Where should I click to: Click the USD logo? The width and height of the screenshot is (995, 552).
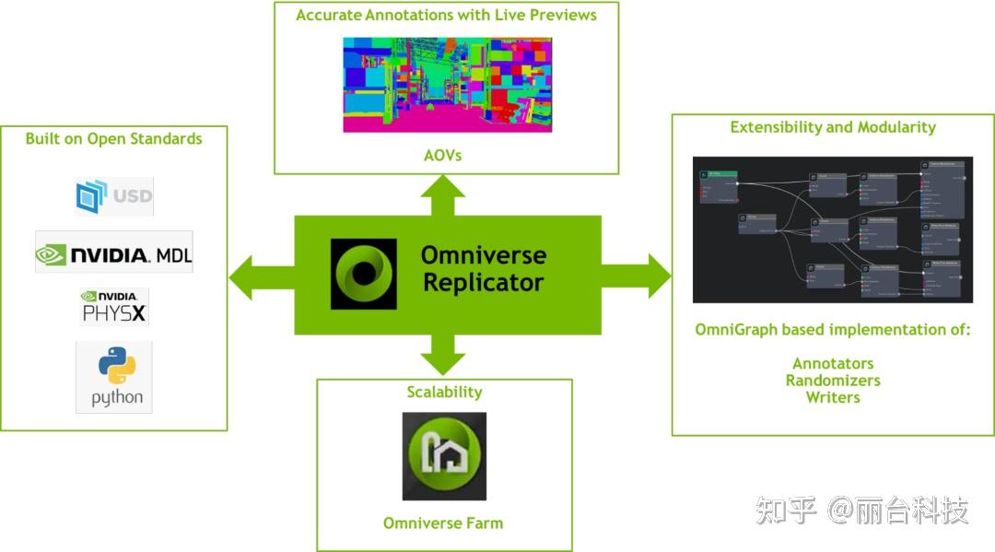(114, 196)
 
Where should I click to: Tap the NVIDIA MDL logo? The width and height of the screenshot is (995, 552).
(114, 253)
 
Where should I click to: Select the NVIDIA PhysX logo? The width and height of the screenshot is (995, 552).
(114, 308)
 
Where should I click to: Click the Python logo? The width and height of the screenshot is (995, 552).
(115, 377)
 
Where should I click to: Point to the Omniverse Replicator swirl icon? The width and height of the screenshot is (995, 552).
(363, 273)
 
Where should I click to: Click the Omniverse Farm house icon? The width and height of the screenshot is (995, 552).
(444, 456)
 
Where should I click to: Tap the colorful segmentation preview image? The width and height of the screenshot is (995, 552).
(447, 85)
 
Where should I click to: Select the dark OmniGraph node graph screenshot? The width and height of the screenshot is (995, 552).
(832, 229)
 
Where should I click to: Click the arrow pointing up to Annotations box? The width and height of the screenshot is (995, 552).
(444, 194)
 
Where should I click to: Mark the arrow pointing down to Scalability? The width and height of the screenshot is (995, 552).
(444, 356)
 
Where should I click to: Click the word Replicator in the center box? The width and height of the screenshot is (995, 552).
(483, 283)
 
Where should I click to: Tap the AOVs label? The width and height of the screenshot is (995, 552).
(444, 155)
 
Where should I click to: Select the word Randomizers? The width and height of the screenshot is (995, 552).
(833, 381)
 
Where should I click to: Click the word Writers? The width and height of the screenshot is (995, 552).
(833, 397)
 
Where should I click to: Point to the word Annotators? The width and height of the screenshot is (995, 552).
(833, 363)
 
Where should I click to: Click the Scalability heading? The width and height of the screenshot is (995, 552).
(444, 392)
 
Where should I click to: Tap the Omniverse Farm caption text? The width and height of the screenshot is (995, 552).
(443, 523)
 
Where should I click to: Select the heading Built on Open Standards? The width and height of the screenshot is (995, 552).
(113, 139)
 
